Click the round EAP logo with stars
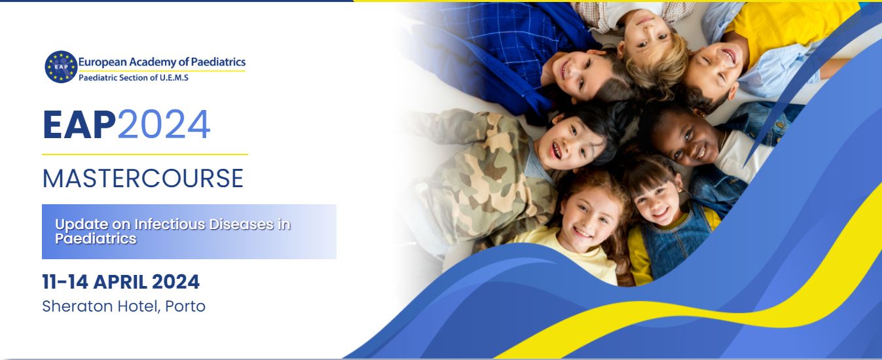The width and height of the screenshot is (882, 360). [61, 67]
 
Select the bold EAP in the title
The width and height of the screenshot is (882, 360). [79, 125]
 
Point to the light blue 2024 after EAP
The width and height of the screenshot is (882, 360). [164, 125]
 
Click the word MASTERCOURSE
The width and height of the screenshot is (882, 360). [143, 178]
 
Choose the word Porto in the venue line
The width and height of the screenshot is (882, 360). [185, 306]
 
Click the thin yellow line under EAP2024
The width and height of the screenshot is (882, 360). [145, 154]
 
